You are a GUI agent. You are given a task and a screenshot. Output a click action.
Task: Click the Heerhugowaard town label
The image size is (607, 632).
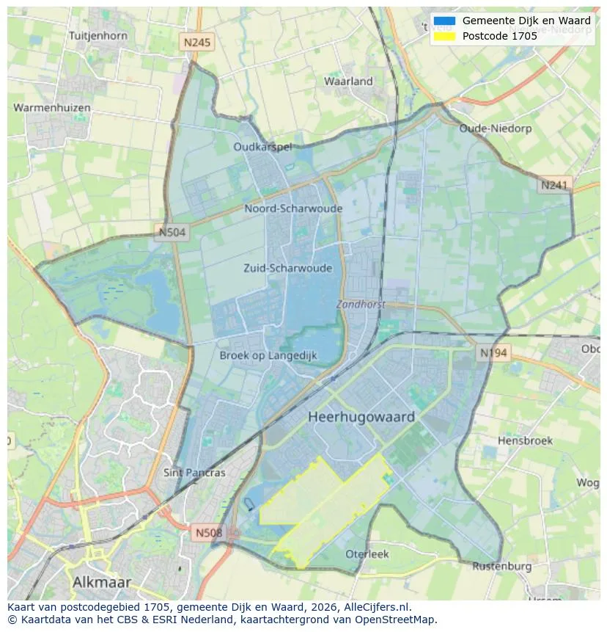pyautogui.click(x=361, y=417)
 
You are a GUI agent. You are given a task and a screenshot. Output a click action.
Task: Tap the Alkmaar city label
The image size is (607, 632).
pyautogui.click(x=102, y=582)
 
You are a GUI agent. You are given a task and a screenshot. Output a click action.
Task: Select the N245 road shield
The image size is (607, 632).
pyautogui.click(x=196, y=43)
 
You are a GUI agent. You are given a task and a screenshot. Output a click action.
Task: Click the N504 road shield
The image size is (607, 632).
pyautogui.click(x=172, y=233)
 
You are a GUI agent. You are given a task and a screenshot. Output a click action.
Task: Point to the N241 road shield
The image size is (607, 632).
pyautogui.click(x=554, y=186)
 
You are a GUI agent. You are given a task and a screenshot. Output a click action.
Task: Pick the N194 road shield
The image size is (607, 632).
pyautogui.click(x=493, y=353)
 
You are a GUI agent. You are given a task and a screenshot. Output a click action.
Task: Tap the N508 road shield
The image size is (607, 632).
pyautogui.click(x=209, y=532)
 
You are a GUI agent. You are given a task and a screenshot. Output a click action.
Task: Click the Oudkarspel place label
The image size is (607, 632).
pyautogui.click(x=262, y=147)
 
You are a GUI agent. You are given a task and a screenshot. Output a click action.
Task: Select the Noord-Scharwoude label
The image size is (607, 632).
pyautogui.click(x=293, y=208)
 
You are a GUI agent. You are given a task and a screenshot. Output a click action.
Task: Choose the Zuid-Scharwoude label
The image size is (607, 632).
pyautogui.click(x=287, y=268)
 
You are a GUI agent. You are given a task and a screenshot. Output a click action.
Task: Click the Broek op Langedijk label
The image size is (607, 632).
pyautogui.click(x=268, y=355)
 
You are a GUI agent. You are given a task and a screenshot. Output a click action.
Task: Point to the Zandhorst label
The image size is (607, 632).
pyautogui.click(x=361, y=304)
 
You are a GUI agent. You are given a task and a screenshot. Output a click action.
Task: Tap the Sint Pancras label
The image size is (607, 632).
pyautogui.click(x=194, y=473)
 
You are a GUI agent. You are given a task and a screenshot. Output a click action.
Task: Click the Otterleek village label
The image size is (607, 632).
pyautogui.click(x=367, y=554)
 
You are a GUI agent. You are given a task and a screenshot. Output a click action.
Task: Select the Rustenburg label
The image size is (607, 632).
pyautogui.click(x=501, y=567)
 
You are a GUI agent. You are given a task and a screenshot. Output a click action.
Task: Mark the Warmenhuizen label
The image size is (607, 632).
pyautogui.click(x=52, y=108)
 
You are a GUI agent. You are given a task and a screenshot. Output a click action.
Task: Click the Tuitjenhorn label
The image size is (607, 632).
pyautogui.click(x=98, y=35)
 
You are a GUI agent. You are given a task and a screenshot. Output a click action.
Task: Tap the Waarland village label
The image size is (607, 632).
pyautogui.click(x=348, y=81)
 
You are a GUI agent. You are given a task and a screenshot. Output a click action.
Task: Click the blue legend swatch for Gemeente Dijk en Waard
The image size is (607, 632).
pyautogui.click(x=444, y=21)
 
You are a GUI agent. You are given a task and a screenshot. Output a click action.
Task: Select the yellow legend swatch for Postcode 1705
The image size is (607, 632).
pyautogui.click(x=444, y=36)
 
